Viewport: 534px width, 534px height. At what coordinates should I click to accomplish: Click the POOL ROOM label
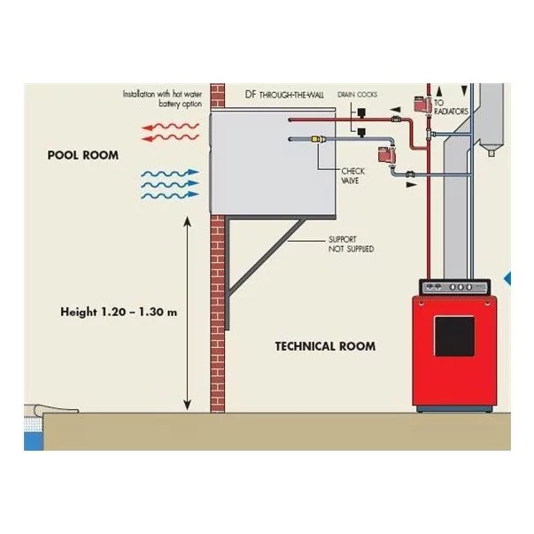tap(82, 155)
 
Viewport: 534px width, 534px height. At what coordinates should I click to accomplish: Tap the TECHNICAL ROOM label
tap(325, 346)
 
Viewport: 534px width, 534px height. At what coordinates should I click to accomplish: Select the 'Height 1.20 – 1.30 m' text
tap(119, 312)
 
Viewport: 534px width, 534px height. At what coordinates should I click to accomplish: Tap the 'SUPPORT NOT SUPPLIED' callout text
tap(350, 244)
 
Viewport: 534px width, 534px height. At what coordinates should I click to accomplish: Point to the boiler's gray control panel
tap(453, 287)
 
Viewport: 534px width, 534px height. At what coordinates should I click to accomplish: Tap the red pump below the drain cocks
tap(383, 155)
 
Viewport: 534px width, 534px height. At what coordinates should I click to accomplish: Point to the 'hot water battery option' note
tap(162, 98)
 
